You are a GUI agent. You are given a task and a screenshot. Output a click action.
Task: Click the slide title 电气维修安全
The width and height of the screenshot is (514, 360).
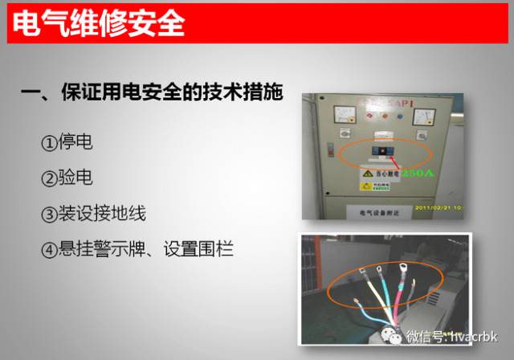99,22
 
